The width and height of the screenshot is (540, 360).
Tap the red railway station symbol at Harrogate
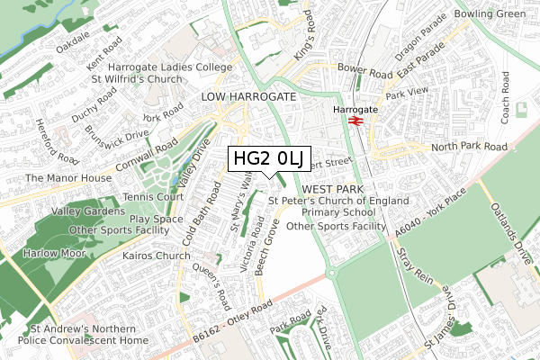355,121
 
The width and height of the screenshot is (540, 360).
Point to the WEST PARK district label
331,189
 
